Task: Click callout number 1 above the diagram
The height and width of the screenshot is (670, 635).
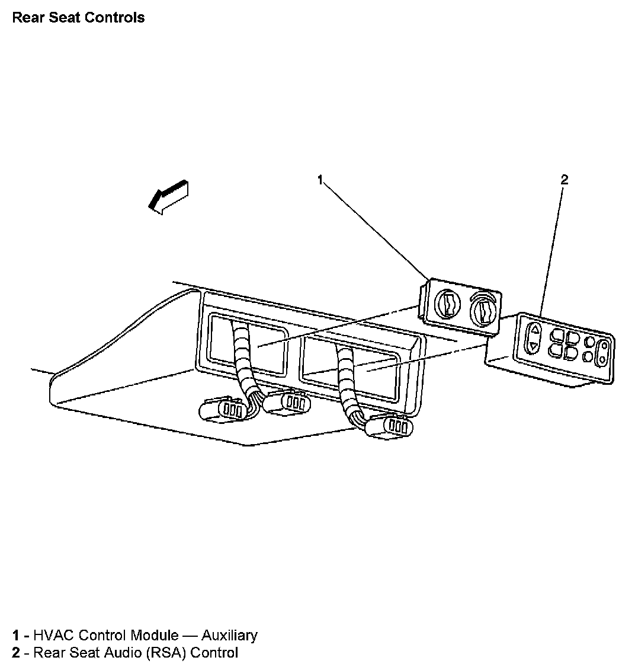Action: point(320,180)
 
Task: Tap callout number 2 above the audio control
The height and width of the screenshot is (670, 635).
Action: point(564,180)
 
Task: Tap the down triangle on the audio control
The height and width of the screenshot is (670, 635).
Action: point(533,346)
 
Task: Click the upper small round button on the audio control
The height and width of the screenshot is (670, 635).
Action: point(589,342)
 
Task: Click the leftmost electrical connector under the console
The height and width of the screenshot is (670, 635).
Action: point(220,409)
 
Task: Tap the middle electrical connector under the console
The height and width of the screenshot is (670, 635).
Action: point(287,402)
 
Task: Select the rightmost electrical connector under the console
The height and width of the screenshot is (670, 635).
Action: point(389,426)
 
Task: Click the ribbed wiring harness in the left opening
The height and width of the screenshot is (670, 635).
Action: point(243,361)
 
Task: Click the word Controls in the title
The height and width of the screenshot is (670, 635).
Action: point(114,17)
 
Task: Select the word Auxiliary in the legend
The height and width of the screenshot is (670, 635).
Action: point(229,636)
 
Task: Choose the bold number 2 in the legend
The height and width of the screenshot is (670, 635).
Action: point(15,653)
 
